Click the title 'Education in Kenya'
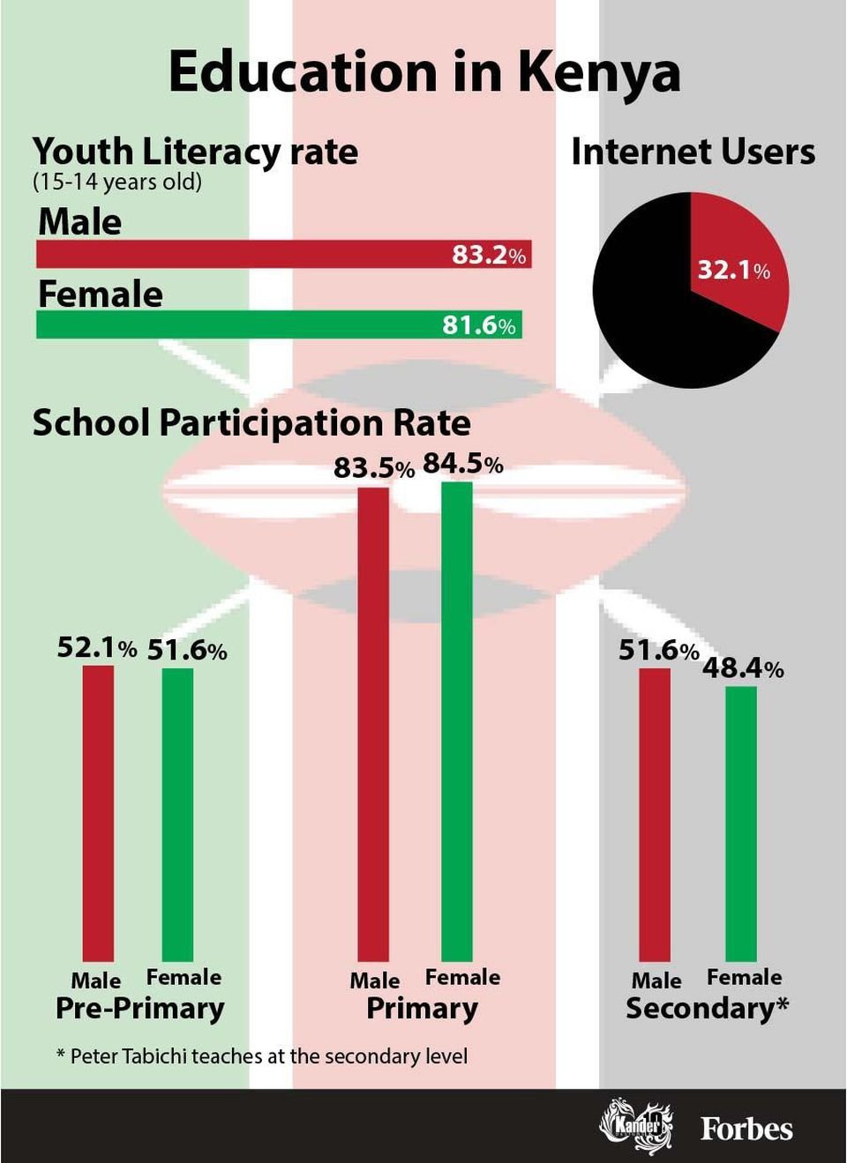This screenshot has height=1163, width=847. pos(423,72)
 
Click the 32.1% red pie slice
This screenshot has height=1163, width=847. pos(737,265)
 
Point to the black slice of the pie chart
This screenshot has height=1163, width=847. pos(653,309)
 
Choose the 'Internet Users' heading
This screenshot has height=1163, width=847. pos(693,152)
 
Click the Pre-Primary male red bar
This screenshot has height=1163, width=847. pos(98,811)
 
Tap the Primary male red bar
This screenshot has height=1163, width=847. pos(372,723)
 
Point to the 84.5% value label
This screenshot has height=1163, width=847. pos(462,464)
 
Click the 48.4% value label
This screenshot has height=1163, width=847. pos(742,668)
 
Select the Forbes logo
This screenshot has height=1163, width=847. pos(746,1129)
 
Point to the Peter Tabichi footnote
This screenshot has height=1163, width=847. pos(262,1055)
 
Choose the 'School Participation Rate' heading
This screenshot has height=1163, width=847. pos(251,423)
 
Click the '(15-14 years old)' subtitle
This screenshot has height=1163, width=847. pos(117,183)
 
